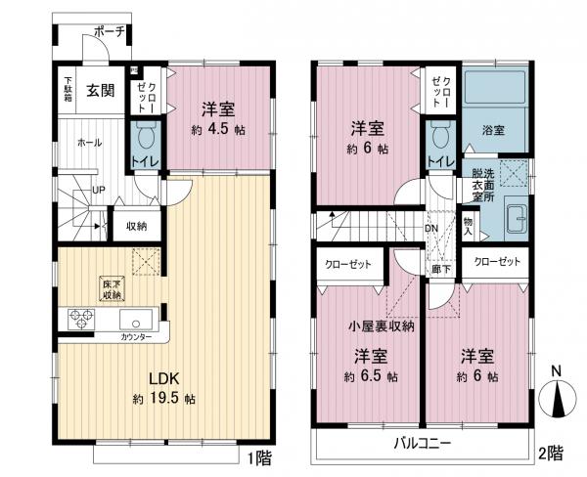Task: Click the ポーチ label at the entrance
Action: click(x=109, y=32)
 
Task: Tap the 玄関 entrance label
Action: click(x=100, y=92)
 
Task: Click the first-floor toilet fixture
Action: click(x=145, y=133)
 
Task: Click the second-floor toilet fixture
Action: click(x=439, y=133)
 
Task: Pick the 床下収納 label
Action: click(x=111, y=288)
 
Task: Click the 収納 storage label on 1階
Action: click(x=136, y=227)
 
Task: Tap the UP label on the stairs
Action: click(x=99, y=190)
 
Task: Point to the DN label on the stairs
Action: click(x=431, y=231)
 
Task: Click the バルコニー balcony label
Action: click(x=422, y=443)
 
